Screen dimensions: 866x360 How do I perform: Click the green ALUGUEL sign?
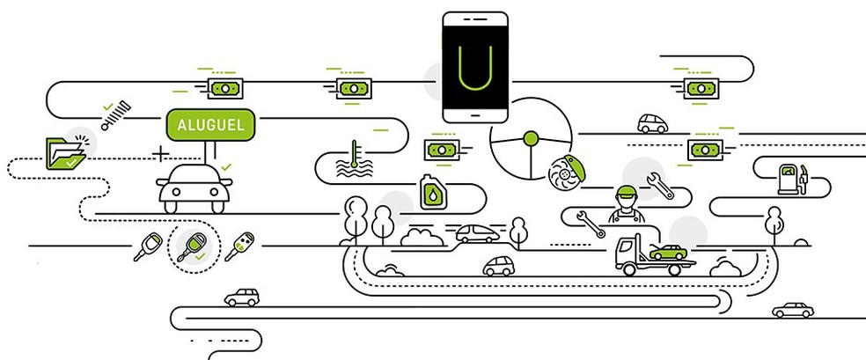click(210, 125)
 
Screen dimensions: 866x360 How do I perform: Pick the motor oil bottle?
click(433, 192)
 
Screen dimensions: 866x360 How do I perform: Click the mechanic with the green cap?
click(627, 204)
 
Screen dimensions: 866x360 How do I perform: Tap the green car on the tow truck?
click(668, 253)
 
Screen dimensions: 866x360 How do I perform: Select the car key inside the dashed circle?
click(193, 246)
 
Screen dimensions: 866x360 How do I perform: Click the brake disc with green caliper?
click(566, 171)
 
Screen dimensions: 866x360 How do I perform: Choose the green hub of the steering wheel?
click(531, 138)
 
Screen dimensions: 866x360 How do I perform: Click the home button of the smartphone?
click(475, 115)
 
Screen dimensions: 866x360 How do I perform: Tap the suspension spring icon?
click(116, 115)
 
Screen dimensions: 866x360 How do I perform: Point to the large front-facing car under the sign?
click(194, 188)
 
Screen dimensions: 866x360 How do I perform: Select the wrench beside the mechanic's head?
click(660, 186)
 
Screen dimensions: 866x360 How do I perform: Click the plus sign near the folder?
click(160, 153)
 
